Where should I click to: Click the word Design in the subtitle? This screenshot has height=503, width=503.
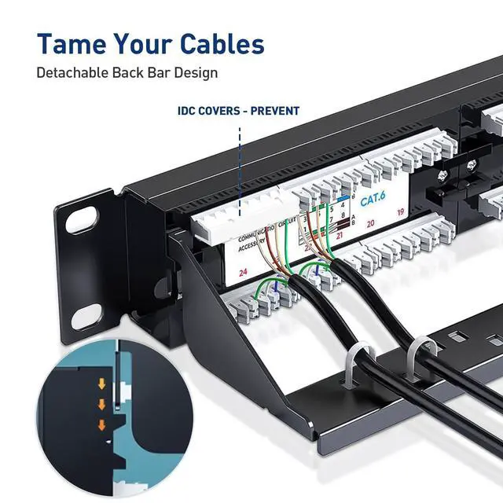pyautogui.click(x=197, y=73)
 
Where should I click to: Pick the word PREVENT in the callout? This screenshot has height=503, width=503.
pyautogui.click(x=274, y=111)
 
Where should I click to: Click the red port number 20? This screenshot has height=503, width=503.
pyautogui.click(x=369, y=223)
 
